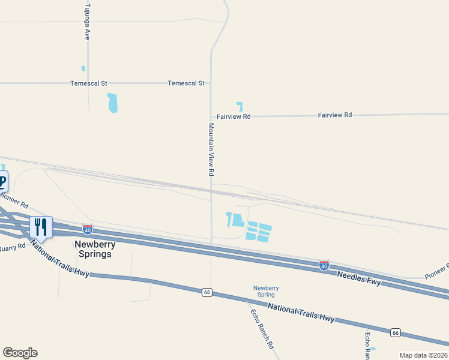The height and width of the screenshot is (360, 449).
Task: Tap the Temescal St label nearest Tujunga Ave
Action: click(88, 83)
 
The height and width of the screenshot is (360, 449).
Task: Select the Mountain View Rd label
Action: click(211, 149)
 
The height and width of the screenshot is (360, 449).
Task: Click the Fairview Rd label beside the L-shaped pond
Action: click(234, 116)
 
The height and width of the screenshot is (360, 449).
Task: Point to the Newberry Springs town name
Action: click(93, 249)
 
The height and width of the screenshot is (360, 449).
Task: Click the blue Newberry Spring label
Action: click(265, 291)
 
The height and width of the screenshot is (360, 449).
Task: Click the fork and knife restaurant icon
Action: click(41, 226)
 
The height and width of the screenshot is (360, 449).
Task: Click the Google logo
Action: click(20, 353)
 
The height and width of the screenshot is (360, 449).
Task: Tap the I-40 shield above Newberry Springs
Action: click(88, 229)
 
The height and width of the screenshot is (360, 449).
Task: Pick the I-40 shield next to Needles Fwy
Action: click(324, 265)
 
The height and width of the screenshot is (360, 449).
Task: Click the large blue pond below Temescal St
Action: click(112, 103)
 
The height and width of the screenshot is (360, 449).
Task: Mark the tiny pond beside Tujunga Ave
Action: click(83, 68)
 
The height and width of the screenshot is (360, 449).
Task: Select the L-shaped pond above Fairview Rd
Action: click(240, 106)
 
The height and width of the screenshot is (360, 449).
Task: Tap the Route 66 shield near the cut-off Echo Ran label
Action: click(395, 332)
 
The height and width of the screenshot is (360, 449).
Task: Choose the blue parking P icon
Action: click(2, 180)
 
